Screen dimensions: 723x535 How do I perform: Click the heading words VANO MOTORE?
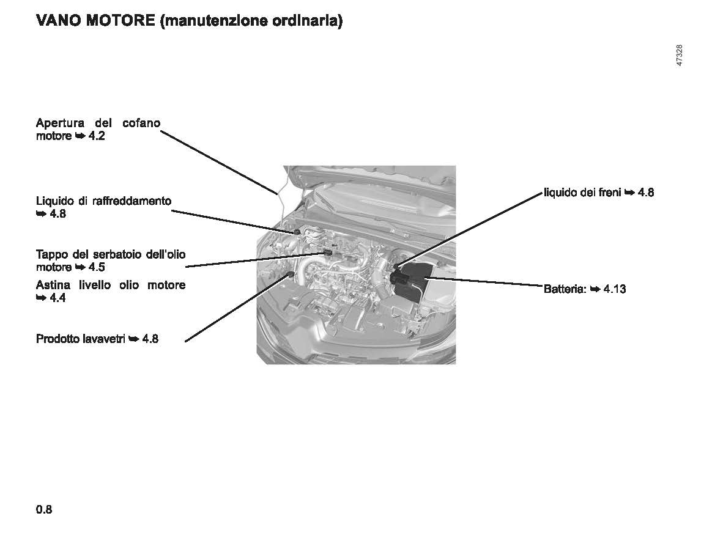pos(95,21)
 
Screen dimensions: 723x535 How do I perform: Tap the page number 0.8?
pos(44,509)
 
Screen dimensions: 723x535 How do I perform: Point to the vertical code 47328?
pos(679,55)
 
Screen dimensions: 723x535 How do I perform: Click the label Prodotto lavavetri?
pos(81,339)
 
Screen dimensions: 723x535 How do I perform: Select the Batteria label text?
pos(565,289)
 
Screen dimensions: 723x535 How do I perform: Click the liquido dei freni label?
pos(582,192)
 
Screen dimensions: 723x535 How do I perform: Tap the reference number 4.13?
pos(615,289)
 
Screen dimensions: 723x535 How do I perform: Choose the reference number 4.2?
pos(97,136)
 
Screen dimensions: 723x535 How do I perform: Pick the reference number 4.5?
pos(97,267)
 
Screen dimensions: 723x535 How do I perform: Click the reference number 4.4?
pos(57,298)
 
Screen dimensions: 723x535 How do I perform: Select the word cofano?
pos(141,123)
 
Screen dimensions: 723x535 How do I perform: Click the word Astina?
pos(53,286)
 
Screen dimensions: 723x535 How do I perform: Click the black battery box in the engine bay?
pos(411,280)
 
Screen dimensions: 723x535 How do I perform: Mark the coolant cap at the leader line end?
pos(297,231)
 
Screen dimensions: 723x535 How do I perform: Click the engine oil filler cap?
pos(328,252)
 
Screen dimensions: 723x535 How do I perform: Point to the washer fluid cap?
pos(291,275)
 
